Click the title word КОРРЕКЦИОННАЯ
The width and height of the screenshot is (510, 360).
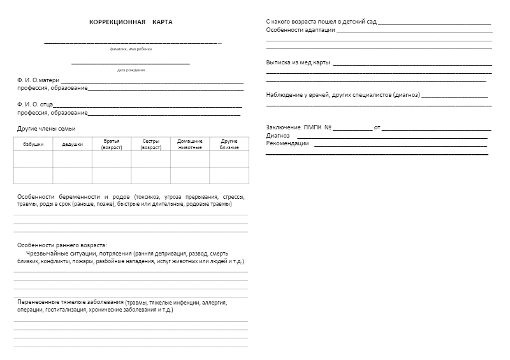tap(117, 22)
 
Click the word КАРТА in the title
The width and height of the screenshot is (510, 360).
tap(163, 22)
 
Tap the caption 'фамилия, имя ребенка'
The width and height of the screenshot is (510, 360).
tap(131, 49)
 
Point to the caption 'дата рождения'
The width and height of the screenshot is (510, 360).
tap(131, 70)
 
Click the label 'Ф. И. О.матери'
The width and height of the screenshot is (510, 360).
tap(38, 81)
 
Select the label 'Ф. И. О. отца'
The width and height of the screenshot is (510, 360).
tap(36, 104)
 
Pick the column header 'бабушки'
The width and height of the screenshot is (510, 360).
tap(33, 145)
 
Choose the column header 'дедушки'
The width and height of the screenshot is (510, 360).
tap(72, 145)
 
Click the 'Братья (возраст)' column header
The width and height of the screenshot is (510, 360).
tap(112, 144)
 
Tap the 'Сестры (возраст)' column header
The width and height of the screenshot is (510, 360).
tap(151, 144)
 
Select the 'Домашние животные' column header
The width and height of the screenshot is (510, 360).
tap(190, 144)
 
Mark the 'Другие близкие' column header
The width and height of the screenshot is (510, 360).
tap(229, 144)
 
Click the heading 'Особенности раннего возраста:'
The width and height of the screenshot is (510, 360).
tap(62, 245)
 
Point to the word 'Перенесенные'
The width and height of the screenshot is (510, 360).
tap(39, 302)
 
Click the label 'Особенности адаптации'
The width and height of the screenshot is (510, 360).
tap(300, 30)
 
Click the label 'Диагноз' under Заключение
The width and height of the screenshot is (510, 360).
tap(277, 136)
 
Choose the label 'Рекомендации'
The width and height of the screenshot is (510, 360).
tap(287, 143)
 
